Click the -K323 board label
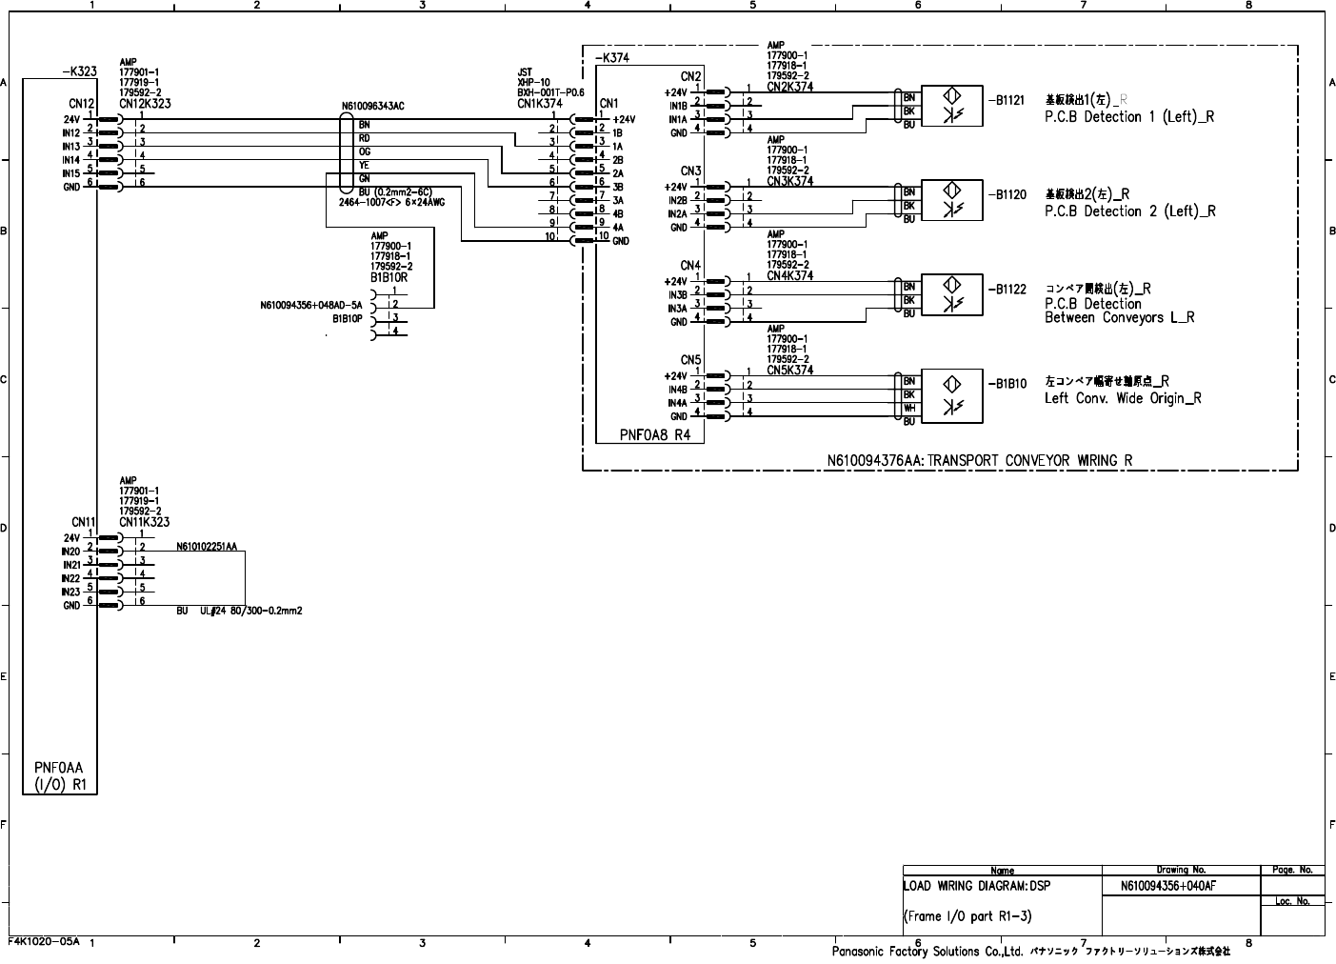[78, 70]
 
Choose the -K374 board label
[611, 58]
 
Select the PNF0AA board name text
[59, 767]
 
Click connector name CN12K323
[145, 104]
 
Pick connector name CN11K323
[145, 522]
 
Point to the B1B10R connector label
[389, 277]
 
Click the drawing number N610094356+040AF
[1168, 886]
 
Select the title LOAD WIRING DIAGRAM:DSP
[977, 886]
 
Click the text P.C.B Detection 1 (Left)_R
[1128, 117]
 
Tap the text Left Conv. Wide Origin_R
[1122, 398]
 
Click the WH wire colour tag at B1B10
[909, 408]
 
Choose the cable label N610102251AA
[206, 547]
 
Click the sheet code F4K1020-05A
[44, 940]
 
